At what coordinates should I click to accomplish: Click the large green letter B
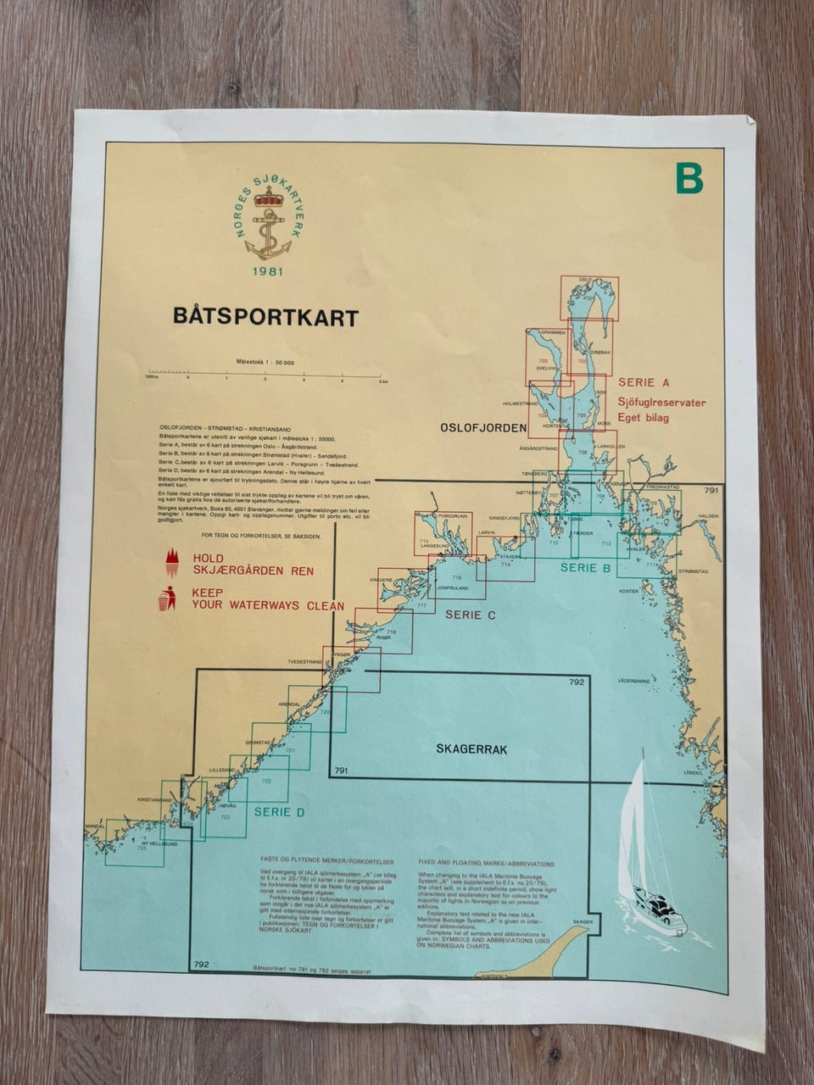coord(689,178)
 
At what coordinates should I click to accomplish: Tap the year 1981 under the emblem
coord(268,271)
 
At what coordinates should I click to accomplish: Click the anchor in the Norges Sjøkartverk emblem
coord(268,232)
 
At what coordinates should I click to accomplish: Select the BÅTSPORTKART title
coord(265,317)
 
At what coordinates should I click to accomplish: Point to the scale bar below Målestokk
coord(267,373)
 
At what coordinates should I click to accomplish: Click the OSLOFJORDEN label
coord(483,429)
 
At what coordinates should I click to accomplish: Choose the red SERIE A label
coord(643,382)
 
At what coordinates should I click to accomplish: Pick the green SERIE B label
coord(586,568)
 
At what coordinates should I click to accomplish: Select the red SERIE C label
coord(470,615)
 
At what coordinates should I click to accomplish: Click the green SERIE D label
coord(279,811)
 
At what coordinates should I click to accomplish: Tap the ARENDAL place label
coord(290,704)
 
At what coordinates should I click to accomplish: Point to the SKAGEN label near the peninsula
coord(583,921)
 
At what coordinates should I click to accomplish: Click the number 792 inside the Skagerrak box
coord(577,682)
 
